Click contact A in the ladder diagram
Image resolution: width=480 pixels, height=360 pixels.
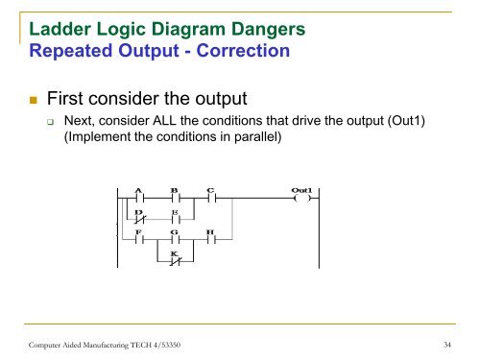(x=140, y=201)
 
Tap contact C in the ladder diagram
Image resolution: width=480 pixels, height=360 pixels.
(x=211, y=201)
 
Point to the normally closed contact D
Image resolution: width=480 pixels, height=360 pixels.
(x=140, y=221)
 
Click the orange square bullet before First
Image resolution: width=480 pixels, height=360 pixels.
(x=33, y=99)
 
